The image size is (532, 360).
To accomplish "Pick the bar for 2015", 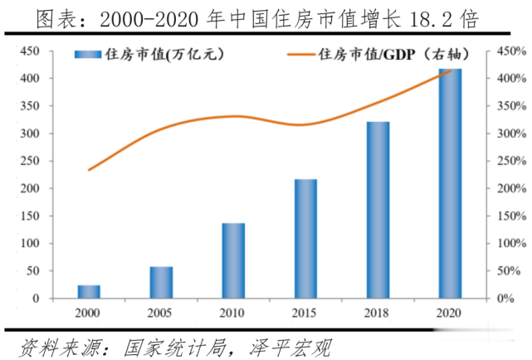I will pos(305,239).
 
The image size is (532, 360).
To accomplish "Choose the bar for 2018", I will pos(378,211).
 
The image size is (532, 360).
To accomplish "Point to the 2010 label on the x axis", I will pos(233,314).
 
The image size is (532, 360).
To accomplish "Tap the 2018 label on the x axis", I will pos(378,314).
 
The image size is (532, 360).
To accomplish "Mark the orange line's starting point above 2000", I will pos(89,170).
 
